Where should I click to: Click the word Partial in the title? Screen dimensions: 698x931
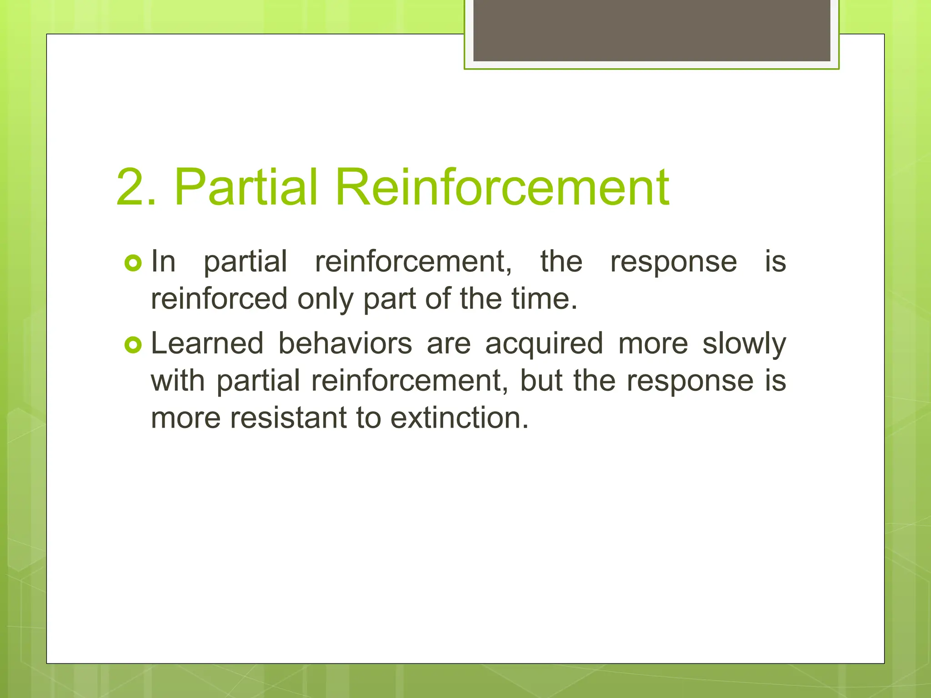[x=245, y=187]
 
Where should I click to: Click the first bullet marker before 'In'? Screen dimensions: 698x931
[x=133, y=263]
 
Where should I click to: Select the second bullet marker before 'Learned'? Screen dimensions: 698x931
[x=133, y=345]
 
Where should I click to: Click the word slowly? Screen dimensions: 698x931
[x=744, y=344]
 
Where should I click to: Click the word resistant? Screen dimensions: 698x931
[x=289, y=418]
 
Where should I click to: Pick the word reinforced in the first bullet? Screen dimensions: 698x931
[x=219, y=299]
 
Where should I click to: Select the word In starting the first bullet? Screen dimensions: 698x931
[x=163, y=262]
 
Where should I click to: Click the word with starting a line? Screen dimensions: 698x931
[x=178, y=380]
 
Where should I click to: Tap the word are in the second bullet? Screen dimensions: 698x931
[x=448, y=344]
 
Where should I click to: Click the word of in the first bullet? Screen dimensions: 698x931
[x=437, y=299]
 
